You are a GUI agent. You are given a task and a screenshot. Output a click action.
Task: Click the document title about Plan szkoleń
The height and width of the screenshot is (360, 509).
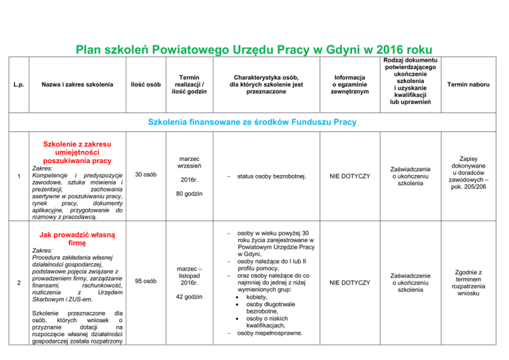click(x=254, y=50)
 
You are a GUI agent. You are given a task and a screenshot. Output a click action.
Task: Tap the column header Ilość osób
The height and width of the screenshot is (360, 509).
click(x=144, y=84)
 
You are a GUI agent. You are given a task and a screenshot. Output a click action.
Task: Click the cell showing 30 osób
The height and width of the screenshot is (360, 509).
click(x=145, y=175)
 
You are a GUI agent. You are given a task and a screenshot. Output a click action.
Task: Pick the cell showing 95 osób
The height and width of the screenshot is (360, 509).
click(x=145, y=281)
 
